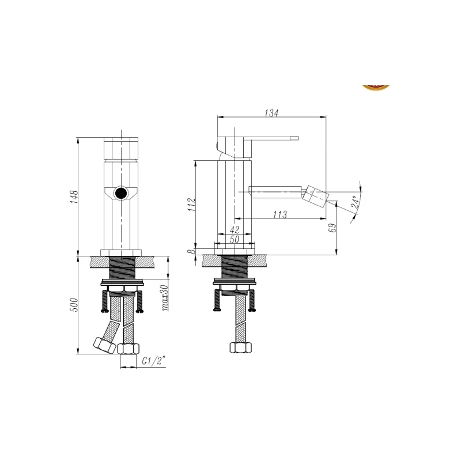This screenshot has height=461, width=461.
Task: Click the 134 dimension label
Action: pos(271,113)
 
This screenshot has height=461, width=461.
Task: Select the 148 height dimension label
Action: pos(74,197)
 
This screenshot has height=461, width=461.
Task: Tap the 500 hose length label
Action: pos(74,305)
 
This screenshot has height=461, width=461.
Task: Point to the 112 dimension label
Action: pos(192,205)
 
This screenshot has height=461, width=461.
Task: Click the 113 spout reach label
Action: pos(279,214)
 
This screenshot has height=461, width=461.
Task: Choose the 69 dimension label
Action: pos(333,228)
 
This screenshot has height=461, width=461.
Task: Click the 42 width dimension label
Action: pos(235,229)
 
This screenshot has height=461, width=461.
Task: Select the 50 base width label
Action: pos(235,239)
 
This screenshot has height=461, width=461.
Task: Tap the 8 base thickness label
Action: pos(192,251)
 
